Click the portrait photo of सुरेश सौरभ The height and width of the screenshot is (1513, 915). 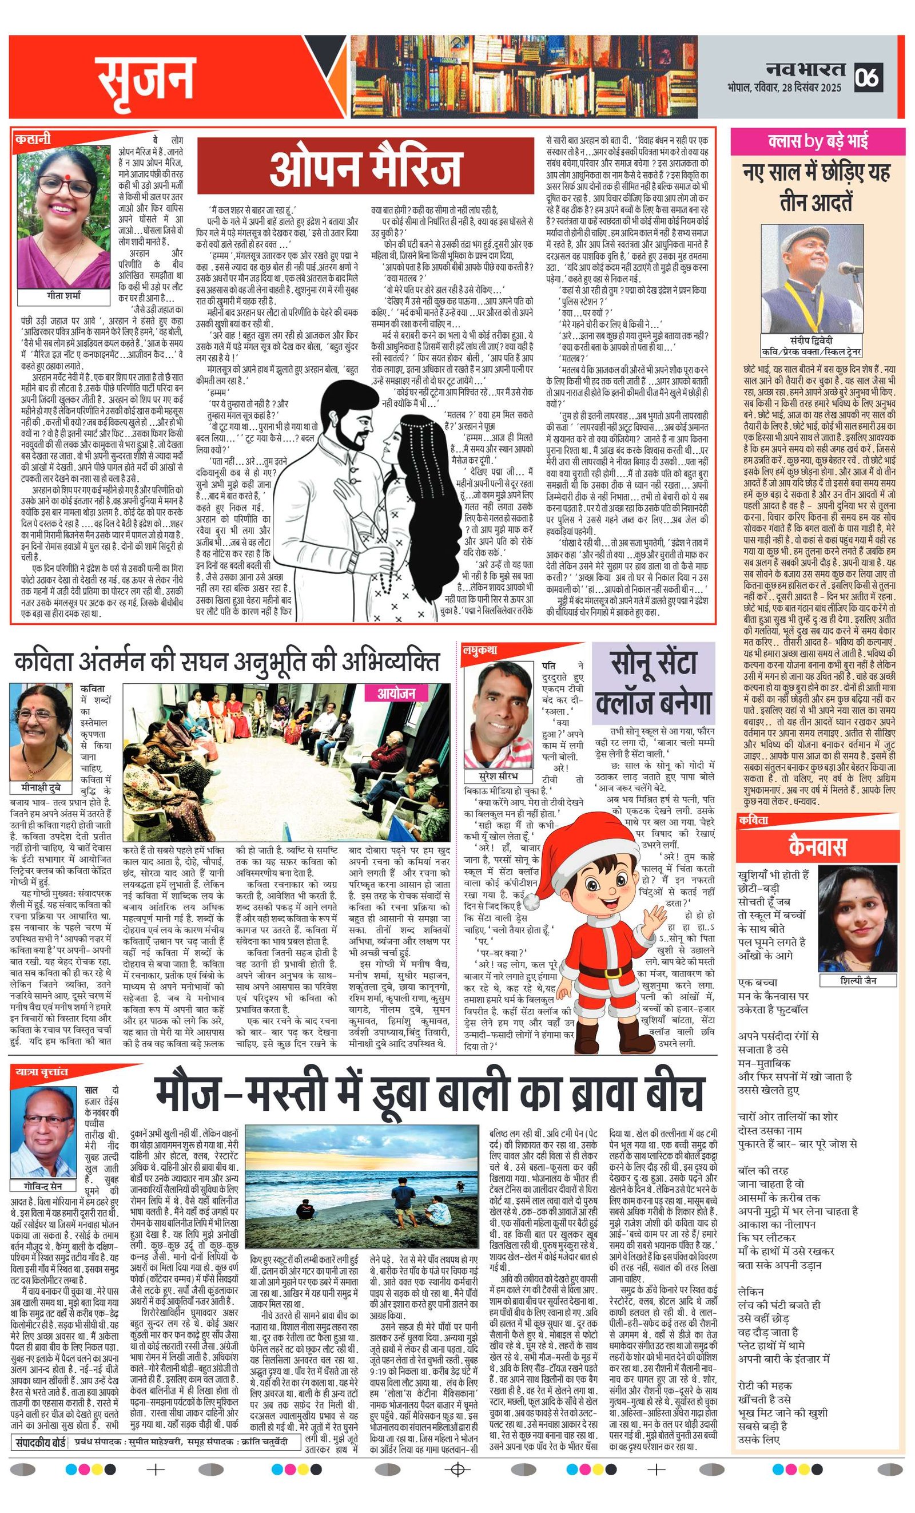coord(498,715)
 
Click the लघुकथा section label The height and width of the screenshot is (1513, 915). coord(480,650)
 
